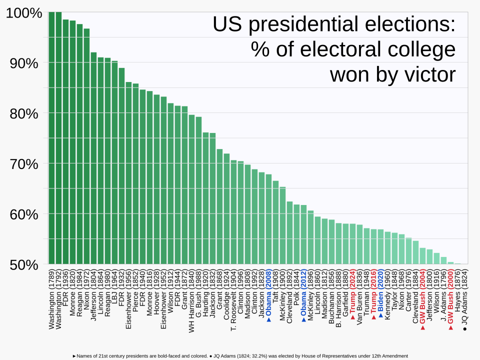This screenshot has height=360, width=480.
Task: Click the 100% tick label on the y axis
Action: [x=23, y=13]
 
